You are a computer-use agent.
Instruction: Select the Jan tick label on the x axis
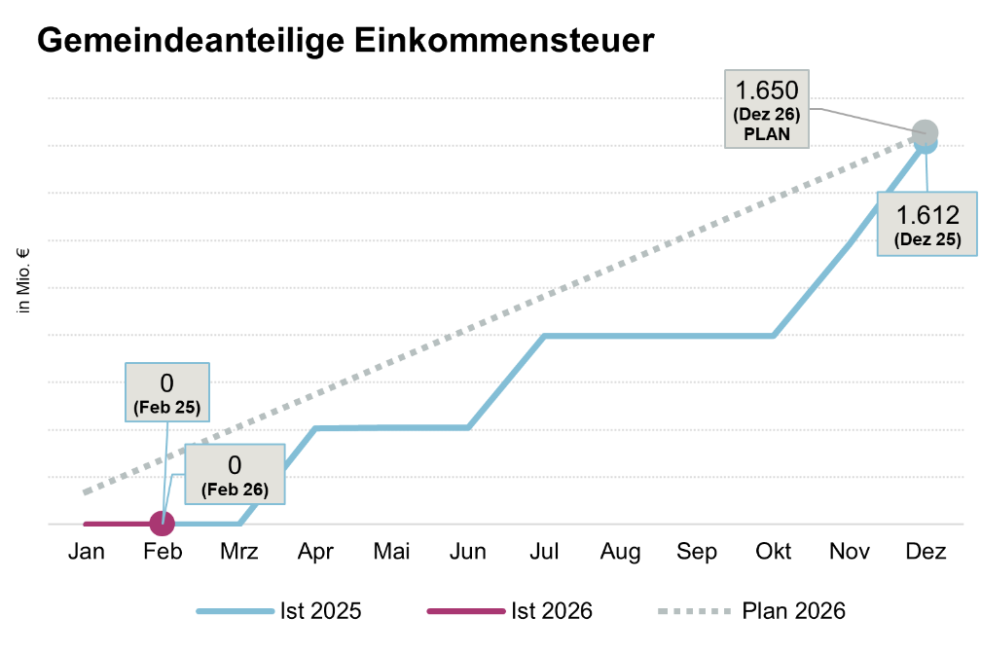coord(86,553)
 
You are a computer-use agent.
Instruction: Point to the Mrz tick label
coord(238,553)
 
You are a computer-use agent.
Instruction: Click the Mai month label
coord(391,553)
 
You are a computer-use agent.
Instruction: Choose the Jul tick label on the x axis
coord(544,553)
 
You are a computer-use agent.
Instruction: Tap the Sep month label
coord(697,553)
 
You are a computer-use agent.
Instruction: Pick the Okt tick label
coord(773,553)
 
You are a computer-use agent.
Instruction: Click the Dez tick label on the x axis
coord(926,553)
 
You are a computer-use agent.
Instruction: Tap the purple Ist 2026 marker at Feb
coord(163,524)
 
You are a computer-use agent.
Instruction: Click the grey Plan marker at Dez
coord(925,132)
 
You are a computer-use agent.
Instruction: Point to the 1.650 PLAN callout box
coord(767,109)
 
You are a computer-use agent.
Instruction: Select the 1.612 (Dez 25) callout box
coord(927,223)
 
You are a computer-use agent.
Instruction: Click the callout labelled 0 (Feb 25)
coord(166,391)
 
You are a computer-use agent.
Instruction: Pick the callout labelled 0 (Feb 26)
coord(235,475)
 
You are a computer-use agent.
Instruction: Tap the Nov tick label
coord(850,553)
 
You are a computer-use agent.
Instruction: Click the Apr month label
coord(315,553)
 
